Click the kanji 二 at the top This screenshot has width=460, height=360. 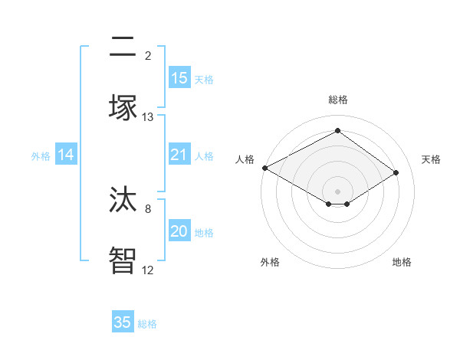pos(123,47)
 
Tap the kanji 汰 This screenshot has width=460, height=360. pos(123,200)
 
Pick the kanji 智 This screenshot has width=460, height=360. pos(123,260)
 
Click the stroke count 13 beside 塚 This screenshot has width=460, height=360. pos(148,117)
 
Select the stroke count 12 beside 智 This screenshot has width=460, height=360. pos(148,270)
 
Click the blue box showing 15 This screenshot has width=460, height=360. pos(179,78)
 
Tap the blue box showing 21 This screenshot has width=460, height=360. pos(179,155)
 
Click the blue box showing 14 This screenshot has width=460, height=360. pos(66,155)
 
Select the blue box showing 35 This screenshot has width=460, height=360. pos(123,322)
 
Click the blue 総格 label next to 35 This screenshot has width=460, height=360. pos(147,324)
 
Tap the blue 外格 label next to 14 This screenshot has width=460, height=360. pos(41,156)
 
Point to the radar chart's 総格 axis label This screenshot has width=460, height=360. pos(338,100)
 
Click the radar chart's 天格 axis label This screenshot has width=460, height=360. pos(431,159)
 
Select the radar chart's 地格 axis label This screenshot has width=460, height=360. pos(402,263)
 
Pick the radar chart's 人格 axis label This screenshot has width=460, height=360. pos(245,159)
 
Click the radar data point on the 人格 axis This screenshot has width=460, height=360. pos(264,168)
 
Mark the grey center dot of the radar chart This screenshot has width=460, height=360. pos(338,191)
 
